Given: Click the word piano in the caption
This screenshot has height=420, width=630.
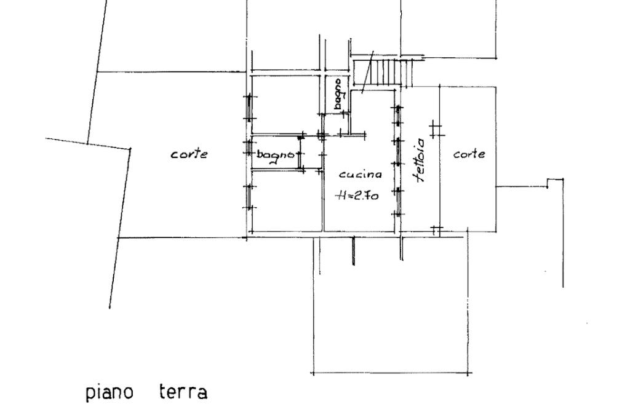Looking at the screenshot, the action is [x=109, y=392].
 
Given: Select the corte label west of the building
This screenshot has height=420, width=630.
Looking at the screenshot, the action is [x=189, y=154].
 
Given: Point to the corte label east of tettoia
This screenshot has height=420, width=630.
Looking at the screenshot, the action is [x=468, y=154].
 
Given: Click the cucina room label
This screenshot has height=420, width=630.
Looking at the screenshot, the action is [x=361, y=175].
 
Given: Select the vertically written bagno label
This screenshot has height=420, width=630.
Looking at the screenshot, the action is [x=338, y=93].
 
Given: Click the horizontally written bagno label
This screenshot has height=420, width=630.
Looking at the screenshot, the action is [x=274, y=156].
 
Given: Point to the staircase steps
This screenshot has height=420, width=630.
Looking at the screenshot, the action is [x=385, y=72].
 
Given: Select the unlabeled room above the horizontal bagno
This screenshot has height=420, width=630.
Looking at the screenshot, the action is [x=285, y=103].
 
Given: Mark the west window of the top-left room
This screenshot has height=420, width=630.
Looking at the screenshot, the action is [x=249, y=108].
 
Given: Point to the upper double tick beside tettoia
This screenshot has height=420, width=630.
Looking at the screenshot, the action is [x=436, y=129].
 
